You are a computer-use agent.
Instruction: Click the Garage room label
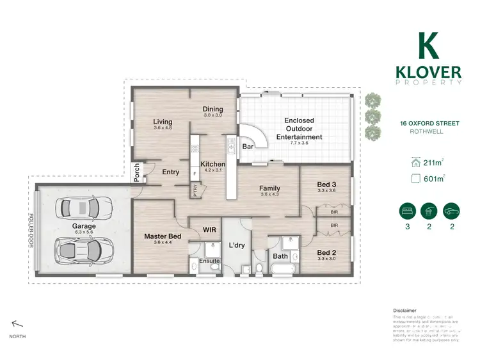(84, 226)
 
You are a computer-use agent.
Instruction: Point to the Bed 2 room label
(326, 252)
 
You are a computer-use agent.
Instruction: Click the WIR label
(208, 229)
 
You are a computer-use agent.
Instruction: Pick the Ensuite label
(209, 261)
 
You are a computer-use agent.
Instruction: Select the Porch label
(136, 172)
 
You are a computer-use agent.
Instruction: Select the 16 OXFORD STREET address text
(421, 124)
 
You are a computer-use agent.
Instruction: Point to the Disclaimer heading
(404, 309)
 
